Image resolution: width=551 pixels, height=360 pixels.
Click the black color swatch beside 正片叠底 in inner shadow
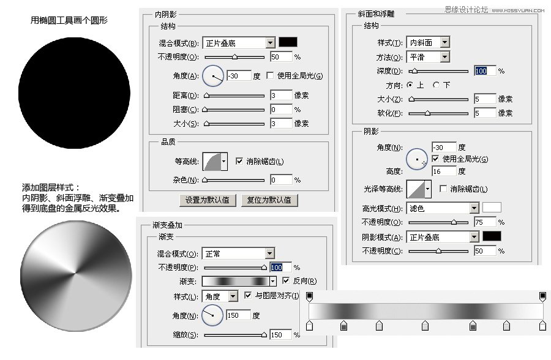[x=288, y=42]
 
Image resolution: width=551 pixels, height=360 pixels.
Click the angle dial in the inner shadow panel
[x=213, y=76]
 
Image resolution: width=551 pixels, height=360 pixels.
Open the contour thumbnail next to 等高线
[x=211, y=162]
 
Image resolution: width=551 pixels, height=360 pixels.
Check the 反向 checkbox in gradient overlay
[x=286, y=281]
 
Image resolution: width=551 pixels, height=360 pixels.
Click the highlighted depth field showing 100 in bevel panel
[x=482, y=71]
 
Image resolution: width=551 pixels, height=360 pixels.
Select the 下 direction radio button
[x=436, y=85]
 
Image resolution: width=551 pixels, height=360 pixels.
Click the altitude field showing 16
[x=444, y=171]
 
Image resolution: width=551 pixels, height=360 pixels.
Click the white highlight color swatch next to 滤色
[x=492, y=208]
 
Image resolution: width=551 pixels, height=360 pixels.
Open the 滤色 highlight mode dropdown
[x=474, y=208]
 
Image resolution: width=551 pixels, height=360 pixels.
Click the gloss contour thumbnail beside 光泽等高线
[x=418, y=189]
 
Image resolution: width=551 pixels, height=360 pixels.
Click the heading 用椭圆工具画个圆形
[x=69, y=20]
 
